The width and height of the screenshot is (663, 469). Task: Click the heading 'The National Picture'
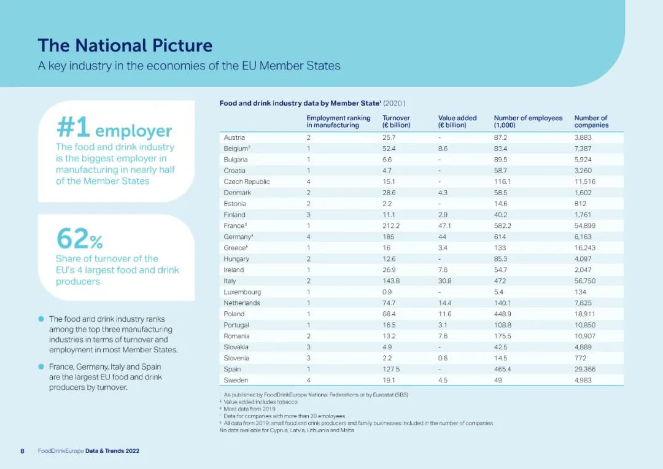click(x=125, y=45)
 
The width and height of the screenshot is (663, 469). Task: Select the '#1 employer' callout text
click(x=114, y=128)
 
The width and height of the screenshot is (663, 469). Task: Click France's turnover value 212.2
click(x=391, y=226)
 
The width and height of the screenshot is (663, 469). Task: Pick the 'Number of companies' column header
click(x=591, y=122)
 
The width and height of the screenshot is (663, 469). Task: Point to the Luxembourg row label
click(x=242, y=292)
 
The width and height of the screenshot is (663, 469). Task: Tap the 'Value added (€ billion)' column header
click(x=457, y=122)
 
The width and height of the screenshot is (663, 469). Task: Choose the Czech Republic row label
click(x=247, y=182)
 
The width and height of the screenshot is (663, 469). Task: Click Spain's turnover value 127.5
click(x=392, y=370)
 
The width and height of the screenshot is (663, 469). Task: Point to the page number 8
click(x=23, y=451)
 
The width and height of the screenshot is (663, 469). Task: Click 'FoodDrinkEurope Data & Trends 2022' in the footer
click(x=88, y=451)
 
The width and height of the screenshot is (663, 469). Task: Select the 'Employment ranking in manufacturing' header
click(x=338, y=122)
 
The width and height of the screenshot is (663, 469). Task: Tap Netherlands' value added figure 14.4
click(x=445, y=303)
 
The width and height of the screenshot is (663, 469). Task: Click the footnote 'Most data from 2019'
click(x=250, y=409)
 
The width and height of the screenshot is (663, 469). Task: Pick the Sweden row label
click(x=236, y=381)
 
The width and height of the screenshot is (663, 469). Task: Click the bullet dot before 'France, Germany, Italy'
click(x=41, y=367)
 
